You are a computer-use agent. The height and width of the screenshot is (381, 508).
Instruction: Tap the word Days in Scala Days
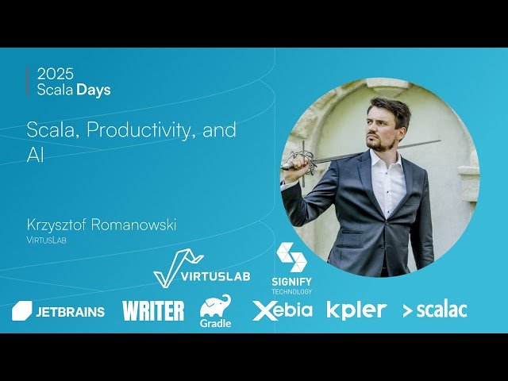point(94,90)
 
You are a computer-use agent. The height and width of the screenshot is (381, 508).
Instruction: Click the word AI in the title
point(35,155)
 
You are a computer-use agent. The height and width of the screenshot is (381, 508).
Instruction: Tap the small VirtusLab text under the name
point(46,240)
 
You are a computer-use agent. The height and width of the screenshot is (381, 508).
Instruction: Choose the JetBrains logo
point(58,311)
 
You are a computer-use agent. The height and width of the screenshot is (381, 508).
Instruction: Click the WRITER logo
point(153,310)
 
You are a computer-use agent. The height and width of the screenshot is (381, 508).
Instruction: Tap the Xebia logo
point(283,310)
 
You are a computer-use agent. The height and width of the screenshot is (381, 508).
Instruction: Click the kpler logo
point(356,310)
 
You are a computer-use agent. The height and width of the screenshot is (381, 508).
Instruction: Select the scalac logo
point(434,310)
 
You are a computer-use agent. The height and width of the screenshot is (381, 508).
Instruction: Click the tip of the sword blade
point(437,142)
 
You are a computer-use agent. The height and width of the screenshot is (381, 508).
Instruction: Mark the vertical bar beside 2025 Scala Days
point(28,82)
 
